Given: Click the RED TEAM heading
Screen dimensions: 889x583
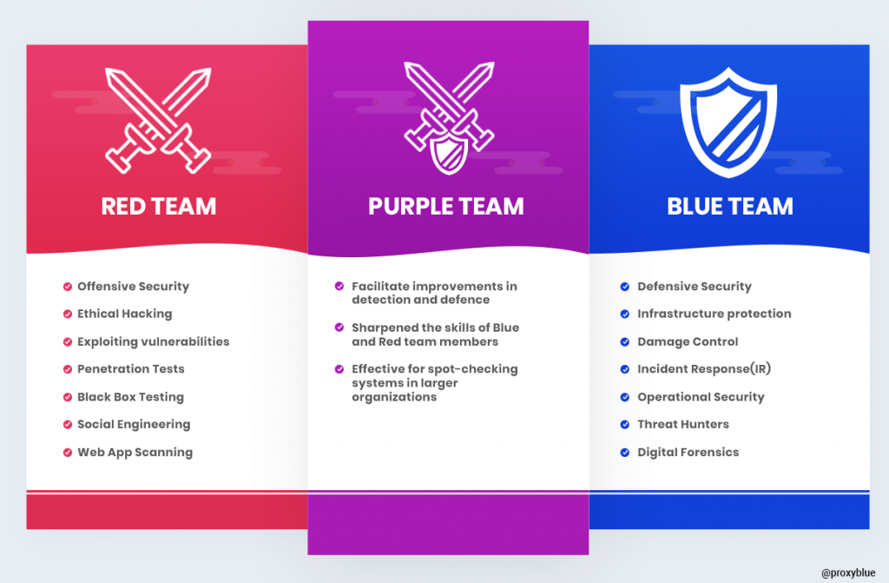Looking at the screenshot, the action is pyautogui.click(x=159, y=206).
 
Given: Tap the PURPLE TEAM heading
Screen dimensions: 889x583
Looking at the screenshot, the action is pyautogui.click(x=446, y=206).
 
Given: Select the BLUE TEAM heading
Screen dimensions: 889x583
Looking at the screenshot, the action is pyautogui.click(x=730, y=206).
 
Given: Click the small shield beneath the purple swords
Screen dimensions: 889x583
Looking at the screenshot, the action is pyautogui.click(x=449, y=153).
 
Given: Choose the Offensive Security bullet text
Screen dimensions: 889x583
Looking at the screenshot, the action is pyautogui.click(x=133, y=286).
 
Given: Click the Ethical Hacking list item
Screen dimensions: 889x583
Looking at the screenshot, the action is pyautogui.click(x=125, y=314).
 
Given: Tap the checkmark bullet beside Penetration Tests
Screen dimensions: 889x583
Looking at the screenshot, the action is pyautogui.click(x=68, y=369).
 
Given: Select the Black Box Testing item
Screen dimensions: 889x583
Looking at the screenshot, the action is pyautogui.click(x=130, y=397).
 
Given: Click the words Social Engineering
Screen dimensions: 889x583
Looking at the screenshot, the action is pyautogui.click(x=134, y=425).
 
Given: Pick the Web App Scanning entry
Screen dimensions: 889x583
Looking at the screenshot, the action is pyautogui.click(x=135, y=452).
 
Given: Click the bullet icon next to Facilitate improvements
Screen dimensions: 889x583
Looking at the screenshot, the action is pyautogui.click(x=339, y=286).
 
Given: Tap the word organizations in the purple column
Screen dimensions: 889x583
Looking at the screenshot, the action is pyautogui.click(x=394, y=397).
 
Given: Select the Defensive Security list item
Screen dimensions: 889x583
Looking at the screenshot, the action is pyautogui.click(x=695, y=286).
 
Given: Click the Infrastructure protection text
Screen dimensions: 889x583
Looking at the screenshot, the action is pyautogui.click(x=714, y=314).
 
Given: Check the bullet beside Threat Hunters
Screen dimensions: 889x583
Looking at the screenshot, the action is pyautogui.click(x=625, y=425).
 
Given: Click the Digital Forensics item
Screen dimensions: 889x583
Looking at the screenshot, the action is pyautogui.click(x=688, y=452).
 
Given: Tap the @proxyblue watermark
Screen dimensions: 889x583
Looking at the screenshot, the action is pyautogui.click(x=848, y=573).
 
